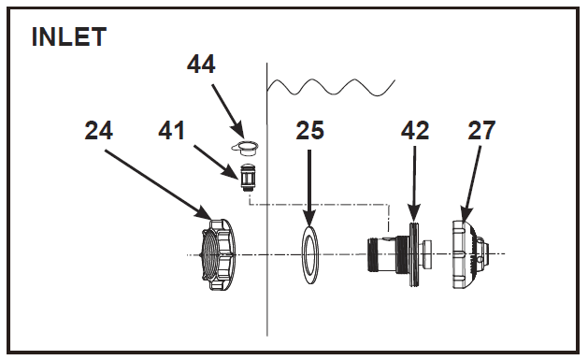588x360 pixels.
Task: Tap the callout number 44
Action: pos(200,65)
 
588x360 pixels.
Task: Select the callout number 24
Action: pos(98,130)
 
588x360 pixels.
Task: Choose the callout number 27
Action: pos(483,130)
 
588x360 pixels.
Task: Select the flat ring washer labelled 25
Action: pos(308,255)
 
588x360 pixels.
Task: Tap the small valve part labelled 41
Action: pos(248,176)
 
